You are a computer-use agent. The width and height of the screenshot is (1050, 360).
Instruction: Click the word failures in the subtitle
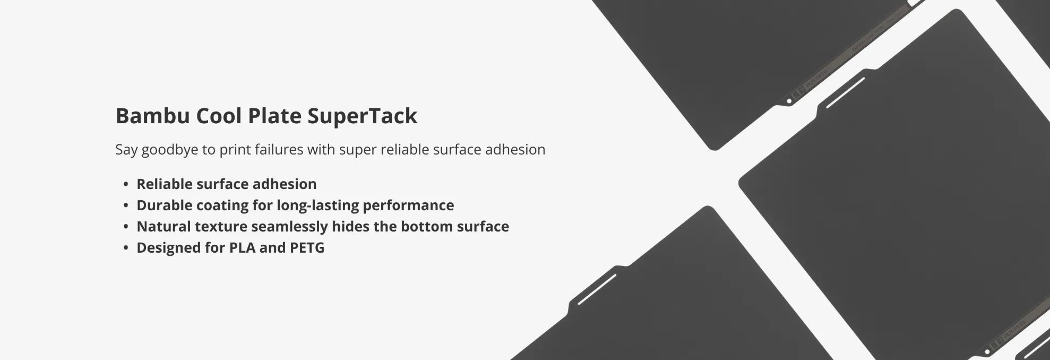pyautogui.click(x=279, y=149)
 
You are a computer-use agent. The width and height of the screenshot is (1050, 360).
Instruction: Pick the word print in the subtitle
pyautogui.click(x=234, y=150)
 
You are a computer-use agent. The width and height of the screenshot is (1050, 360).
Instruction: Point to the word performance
pyautogui.click(x=408, y=206)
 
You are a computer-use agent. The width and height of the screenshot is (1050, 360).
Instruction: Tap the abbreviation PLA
pyautogui.click(x=242, y=247)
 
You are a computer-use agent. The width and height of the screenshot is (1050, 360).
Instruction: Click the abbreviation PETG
pyautogui.click(x=307, y=247)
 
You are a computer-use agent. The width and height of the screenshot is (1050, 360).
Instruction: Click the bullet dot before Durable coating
pyautogui.click(x=126, y=205)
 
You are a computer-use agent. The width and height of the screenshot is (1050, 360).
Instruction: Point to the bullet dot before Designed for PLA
pyautogui.click(x=126, y=248)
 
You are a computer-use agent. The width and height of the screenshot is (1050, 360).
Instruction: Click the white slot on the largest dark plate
pyautogui.click(x=845, y=93)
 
